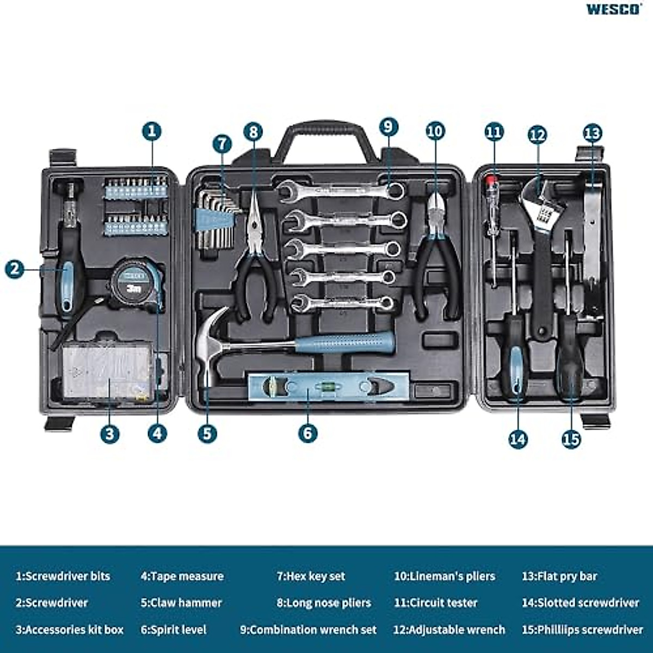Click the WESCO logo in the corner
(613, 9)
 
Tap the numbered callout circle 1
(152, 131)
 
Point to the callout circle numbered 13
(592, 133)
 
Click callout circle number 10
(435, 131)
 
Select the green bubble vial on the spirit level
(329, 386)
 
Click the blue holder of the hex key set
(213, 221)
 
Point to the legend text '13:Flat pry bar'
(559, 576)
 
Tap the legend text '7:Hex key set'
(311, 576)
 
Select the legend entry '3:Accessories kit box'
(70, 630)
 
